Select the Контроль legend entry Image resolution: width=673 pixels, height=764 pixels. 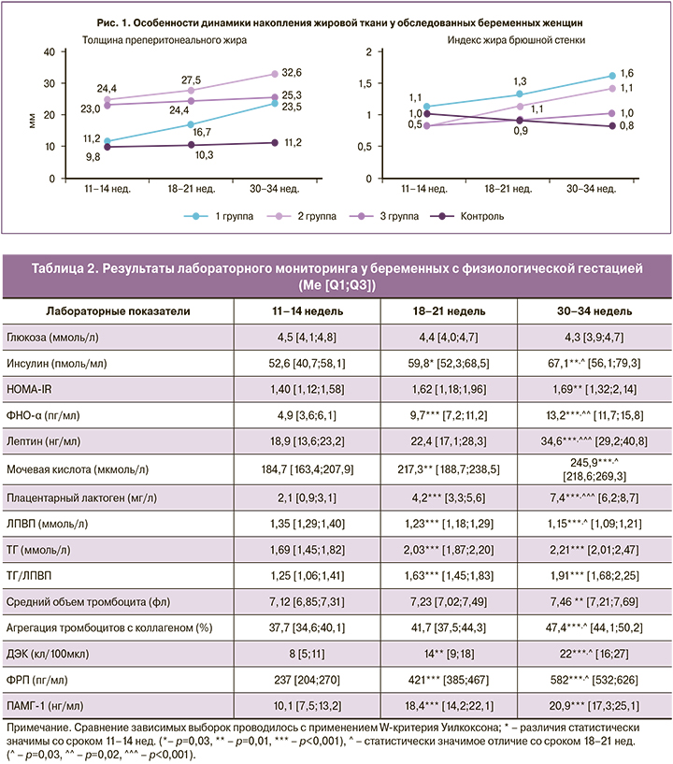pos(481,215)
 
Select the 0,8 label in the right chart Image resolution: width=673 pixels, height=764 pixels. pos(629,126)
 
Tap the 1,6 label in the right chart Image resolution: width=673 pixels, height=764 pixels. pos(629,72)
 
